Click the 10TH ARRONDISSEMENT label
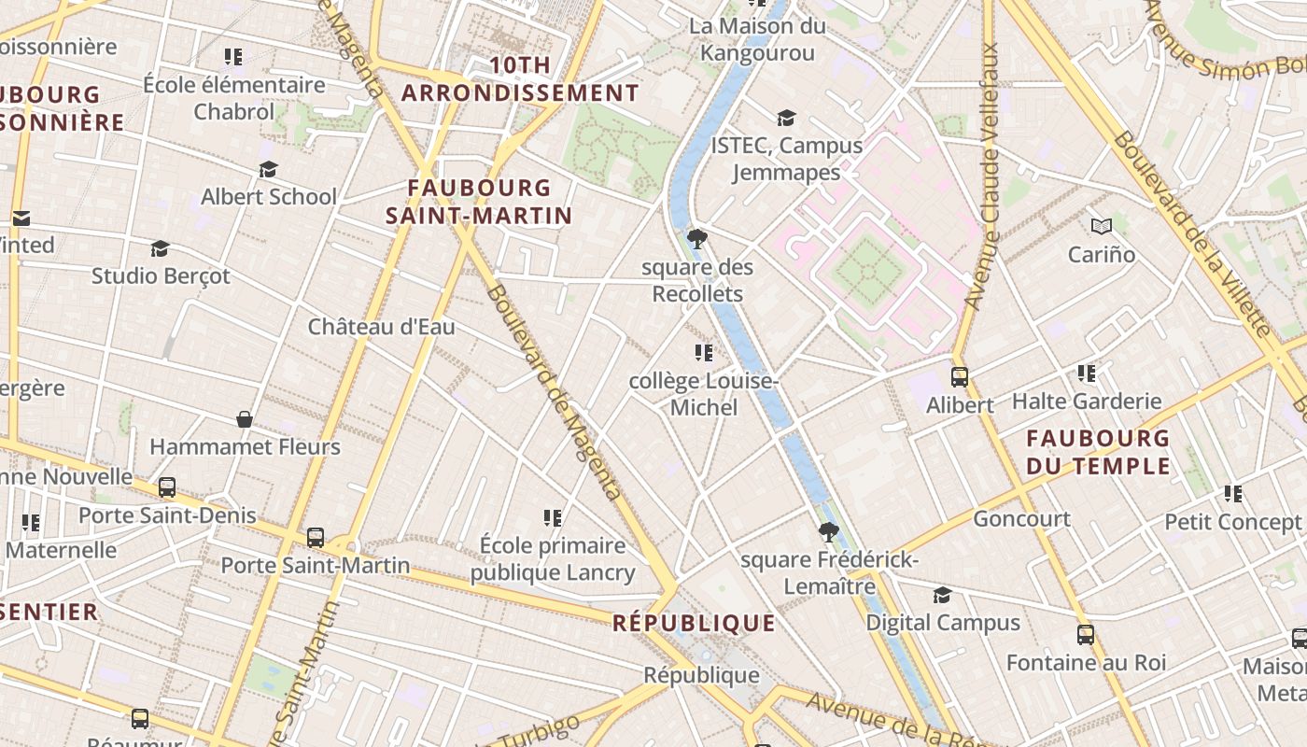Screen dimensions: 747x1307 (520, 79)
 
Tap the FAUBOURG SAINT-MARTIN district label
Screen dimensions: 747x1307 (479, 202)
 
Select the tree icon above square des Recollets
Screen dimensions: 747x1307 (696, 239)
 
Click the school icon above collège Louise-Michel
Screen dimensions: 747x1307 (704, 353)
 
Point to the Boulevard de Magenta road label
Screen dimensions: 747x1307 (553, 392)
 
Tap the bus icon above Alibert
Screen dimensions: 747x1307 (959, 377)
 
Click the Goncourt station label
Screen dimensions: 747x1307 (1021, 518)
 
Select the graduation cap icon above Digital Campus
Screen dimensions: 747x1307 (942, 595)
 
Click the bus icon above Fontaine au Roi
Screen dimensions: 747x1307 (1086, 635)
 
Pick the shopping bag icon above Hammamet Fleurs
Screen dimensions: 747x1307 (245, 419)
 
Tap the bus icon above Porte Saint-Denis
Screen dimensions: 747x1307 (167, 487)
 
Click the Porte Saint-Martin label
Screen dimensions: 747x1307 (315, 565)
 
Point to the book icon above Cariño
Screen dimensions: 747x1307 (1102, 226)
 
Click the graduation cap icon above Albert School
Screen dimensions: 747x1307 (269, 169)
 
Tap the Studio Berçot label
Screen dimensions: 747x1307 (161, 276)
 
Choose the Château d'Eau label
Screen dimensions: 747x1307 (381, 327)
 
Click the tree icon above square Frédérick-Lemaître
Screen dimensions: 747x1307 (828, 532)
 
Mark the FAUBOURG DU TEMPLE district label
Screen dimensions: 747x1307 (1098, 452)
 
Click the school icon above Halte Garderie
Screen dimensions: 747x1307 (1087, 373)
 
